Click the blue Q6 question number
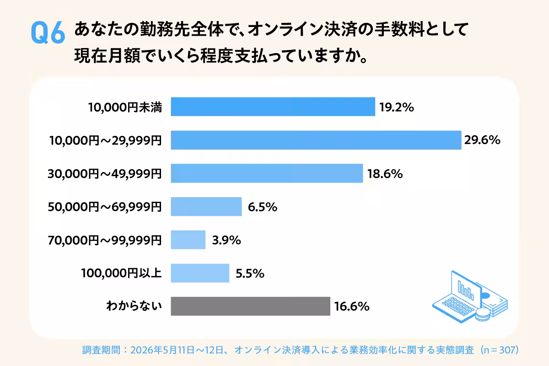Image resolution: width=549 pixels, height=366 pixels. pos(48,32)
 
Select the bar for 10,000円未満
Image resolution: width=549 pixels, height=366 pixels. pos(273,107)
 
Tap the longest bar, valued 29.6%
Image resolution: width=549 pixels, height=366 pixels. pos(316,140)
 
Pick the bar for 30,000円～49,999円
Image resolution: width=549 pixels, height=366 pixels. pos(267,173)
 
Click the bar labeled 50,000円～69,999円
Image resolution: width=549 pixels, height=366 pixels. pos(206,207)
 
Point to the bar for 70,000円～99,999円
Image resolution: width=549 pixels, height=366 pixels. pos(188,240)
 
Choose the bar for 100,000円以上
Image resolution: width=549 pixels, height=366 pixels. pos(200,273)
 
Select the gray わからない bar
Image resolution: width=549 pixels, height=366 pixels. pos(251,306)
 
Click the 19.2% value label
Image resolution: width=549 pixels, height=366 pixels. pos(397,108)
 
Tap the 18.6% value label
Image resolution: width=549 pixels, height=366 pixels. pos(385,174)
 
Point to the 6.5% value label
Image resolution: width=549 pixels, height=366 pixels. pos(263,207)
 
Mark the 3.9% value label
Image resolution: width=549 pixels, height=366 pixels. pos(226,240)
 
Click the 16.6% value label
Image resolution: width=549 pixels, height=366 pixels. pos(352,307)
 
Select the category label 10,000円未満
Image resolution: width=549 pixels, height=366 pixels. pos(125,108)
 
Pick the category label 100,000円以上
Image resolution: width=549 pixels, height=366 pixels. pos(121,273)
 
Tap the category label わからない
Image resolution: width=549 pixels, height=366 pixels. pos(134,306)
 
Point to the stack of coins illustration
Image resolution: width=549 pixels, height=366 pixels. pos(483,315)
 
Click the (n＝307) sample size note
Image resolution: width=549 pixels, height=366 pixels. pos(500,350)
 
